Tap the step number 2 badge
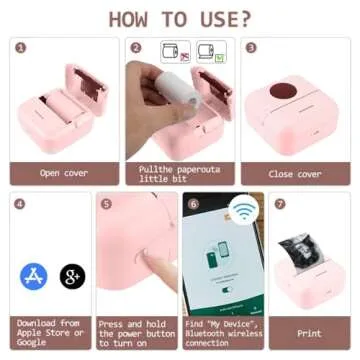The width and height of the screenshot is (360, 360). [135, 46]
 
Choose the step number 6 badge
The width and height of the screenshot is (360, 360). [193, 202]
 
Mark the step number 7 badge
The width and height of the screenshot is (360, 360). [280, 202]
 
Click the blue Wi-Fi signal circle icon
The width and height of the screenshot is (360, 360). [241, 211]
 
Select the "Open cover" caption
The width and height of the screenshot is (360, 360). [64, 173]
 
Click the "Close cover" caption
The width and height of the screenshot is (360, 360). [295, 173]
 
